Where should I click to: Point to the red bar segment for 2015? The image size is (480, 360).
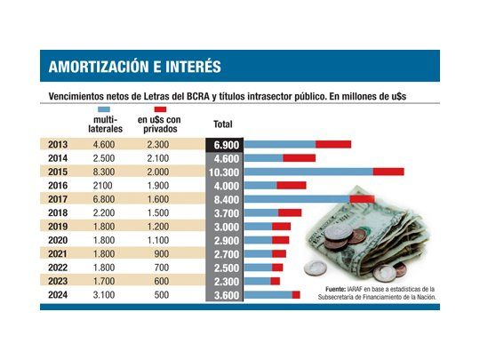point(388,172)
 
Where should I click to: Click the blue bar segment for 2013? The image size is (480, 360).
point(280,144)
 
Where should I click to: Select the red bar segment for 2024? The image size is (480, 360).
point(296,295)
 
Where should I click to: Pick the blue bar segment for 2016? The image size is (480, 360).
point(260,186)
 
